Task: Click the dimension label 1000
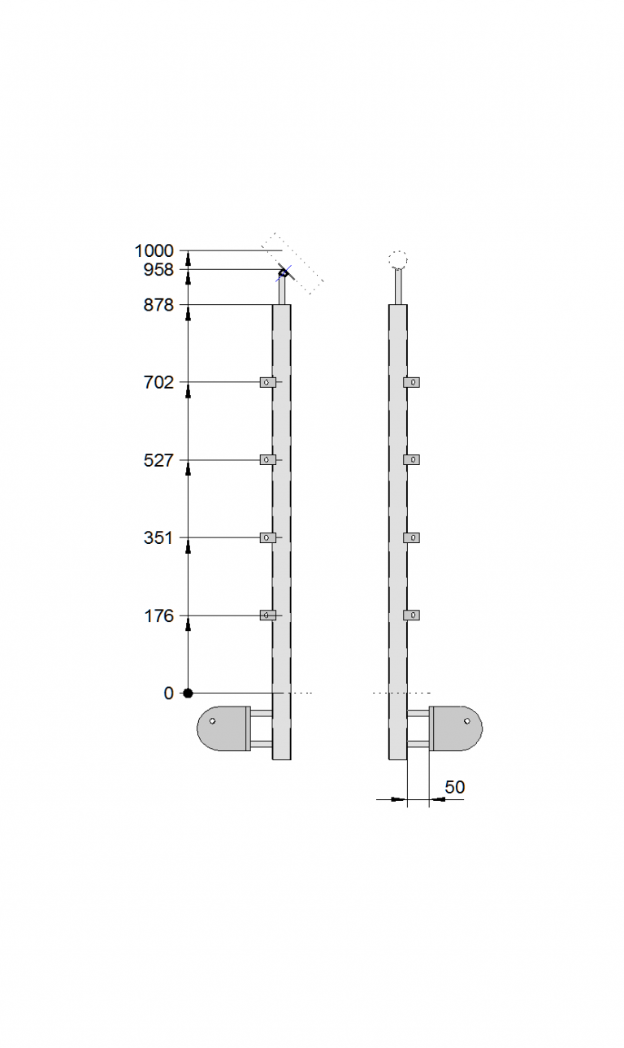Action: (154, 251)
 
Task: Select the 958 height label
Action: (158, 270)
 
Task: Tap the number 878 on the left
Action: (158, 305)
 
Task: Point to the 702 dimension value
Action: (158, 383)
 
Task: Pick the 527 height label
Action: (158, 461)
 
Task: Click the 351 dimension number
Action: (158, 538)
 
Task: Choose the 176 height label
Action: (159, 616)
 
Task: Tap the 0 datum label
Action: (168, 694)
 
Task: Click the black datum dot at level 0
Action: (188, 693)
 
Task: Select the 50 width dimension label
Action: (455, 787)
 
